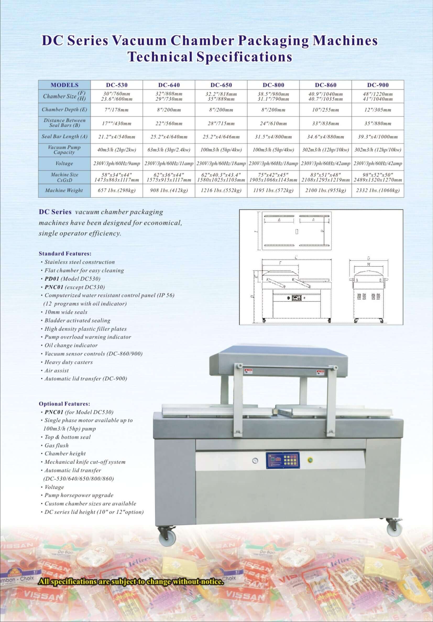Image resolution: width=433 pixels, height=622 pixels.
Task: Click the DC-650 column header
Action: tap(221, 85)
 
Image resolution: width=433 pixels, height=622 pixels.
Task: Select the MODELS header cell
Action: tap(64, 85)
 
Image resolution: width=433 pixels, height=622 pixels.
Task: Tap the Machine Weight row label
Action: tap(64, 191)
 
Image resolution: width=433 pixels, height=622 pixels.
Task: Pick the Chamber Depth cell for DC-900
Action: tap(377, 110)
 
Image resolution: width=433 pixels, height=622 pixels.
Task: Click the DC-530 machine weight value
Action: tap(117, 191)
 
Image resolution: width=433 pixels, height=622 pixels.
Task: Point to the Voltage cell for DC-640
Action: tap(169, 164)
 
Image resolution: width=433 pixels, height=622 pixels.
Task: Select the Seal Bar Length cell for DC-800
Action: tap(273, 137)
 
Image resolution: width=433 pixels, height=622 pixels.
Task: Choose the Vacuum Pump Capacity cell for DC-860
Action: tap(325, 150)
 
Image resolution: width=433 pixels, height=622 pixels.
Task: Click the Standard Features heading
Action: tap(65, 254)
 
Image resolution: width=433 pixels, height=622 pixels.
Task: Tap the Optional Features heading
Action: tap(64, 404)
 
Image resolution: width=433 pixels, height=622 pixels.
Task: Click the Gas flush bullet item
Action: tap(57, 445)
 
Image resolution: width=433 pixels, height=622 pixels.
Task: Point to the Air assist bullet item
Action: tap(57, 371)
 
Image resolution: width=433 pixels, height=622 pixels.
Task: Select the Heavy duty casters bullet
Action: tap(68, 362)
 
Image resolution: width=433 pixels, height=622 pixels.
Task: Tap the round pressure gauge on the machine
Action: tap(255, 461)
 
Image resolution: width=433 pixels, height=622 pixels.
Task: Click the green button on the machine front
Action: tap(310, 460)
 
